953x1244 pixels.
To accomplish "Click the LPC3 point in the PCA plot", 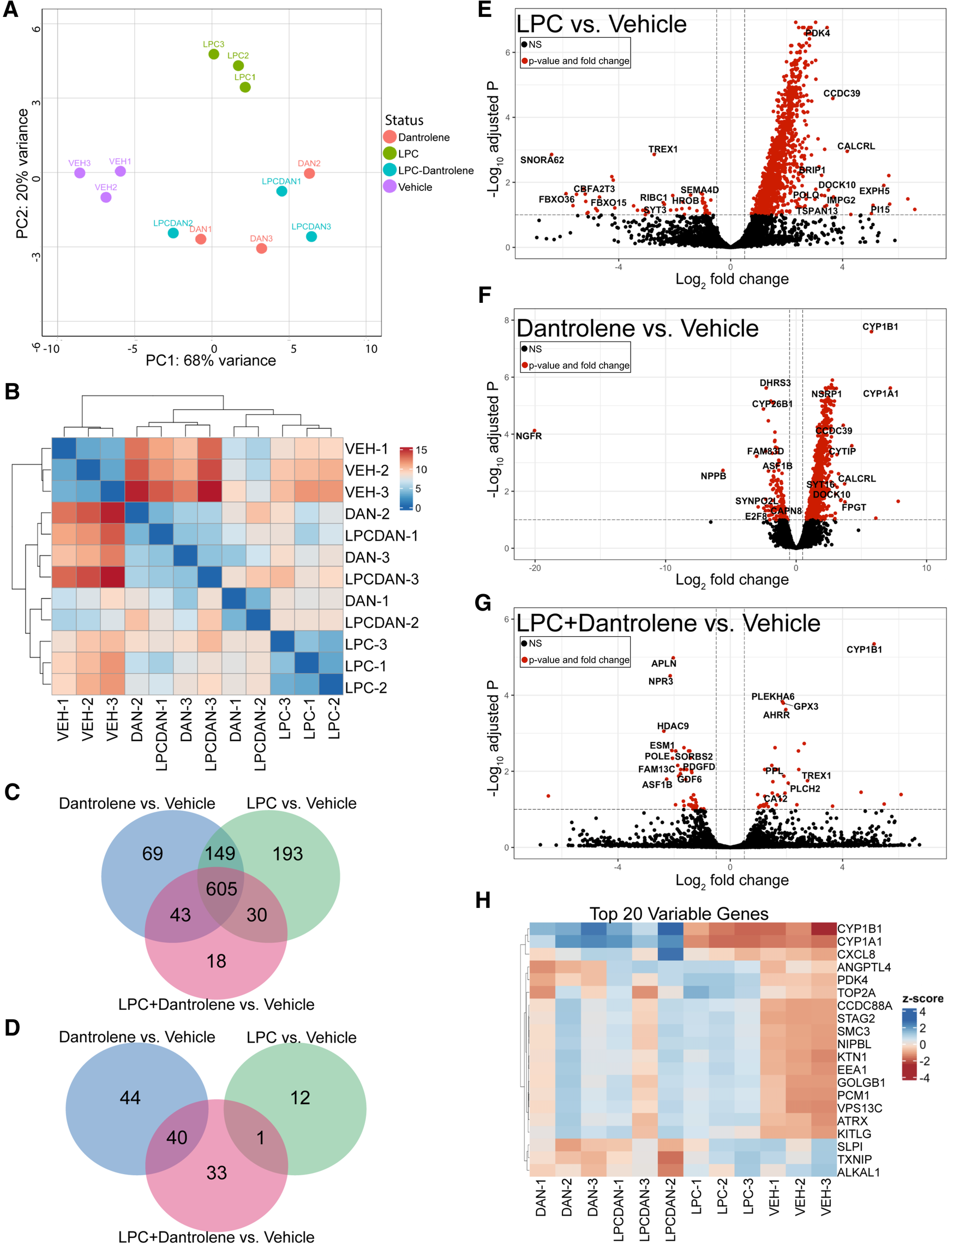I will coord(214,55).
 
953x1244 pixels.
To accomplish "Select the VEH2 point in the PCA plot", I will coord(106,198).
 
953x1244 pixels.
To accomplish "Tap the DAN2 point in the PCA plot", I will coord(309,174).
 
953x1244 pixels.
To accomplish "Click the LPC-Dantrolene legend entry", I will coord(435,170).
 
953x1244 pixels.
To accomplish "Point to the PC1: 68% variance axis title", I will coord(211,360).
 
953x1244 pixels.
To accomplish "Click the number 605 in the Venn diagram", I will coord(221,888).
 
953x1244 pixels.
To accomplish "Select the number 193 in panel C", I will coord(287,854).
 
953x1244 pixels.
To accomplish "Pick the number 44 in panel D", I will coord(130,1098).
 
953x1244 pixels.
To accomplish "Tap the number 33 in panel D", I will coord(216,1173).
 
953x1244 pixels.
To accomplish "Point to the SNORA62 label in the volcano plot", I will coord(542,160).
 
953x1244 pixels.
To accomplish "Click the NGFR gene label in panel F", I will coord(529,435).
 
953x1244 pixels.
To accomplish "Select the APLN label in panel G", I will coord(664,663).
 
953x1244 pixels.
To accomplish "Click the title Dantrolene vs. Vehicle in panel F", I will coord(637,328).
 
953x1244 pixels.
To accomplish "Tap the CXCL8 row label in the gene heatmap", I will coord(856,954).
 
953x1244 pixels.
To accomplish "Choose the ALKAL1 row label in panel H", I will coord(858,1172).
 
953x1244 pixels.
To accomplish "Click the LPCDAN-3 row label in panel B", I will coord(382,579).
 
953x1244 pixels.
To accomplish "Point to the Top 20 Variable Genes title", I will coord(679,914).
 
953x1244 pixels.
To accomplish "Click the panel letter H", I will coord(483,901).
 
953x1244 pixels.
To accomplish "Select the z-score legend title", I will coord(922,998).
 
